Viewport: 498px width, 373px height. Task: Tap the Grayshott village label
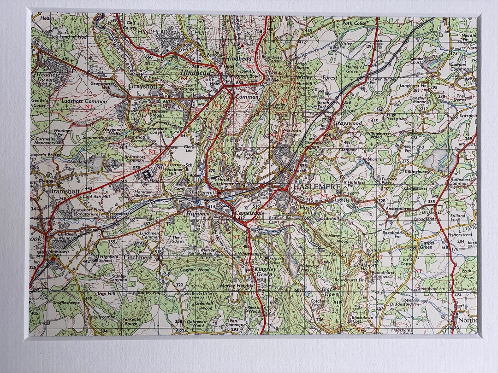(x=143, y=86)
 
